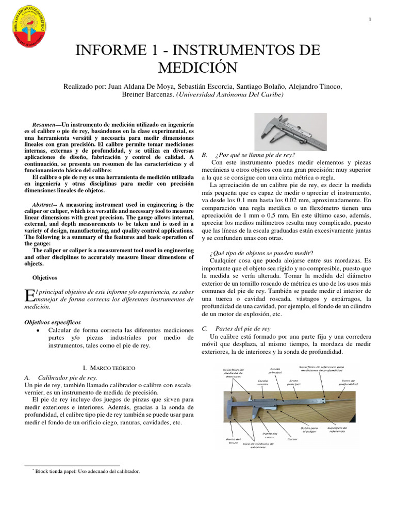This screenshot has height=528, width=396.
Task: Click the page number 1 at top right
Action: pos(370,20)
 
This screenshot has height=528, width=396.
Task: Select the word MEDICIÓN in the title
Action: pos(198,68)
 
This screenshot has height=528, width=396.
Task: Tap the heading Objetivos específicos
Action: pos(53,322)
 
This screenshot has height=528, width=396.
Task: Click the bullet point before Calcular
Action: pos(40,330)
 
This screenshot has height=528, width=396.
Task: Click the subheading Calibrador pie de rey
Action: pos(68,377)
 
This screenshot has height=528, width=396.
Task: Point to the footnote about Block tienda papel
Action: pos(88,471)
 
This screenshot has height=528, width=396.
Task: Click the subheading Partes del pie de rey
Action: pos(242,328)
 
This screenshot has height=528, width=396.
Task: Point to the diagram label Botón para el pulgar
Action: pos(310,430)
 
